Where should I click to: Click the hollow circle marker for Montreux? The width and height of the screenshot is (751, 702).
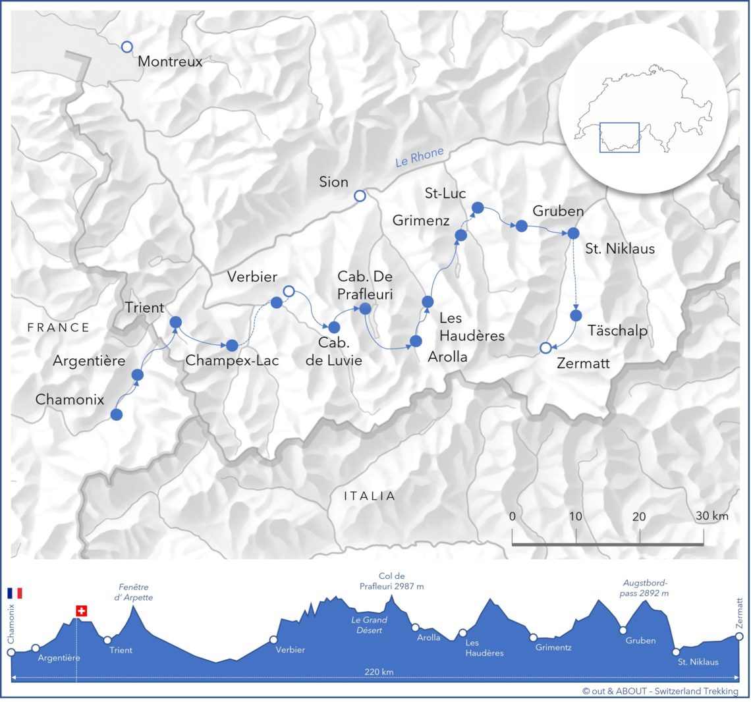[x=127, y=47]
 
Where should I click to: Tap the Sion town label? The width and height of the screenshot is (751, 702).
[x=333, y=182]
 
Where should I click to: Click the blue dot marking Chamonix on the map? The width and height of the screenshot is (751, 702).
[x=117, y=414]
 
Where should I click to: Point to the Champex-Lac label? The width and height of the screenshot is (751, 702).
[x=232, y=360]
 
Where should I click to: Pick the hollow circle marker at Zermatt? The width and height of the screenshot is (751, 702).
[x=545, y=348]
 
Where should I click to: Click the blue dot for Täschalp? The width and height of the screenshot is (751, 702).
[x=576, y=315]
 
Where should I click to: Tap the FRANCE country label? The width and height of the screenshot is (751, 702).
[x=58, y=327]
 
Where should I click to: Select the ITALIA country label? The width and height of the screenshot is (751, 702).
[x=370, y=496]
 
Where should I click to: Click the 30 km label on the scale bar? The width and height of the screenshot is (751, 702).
[x=711, y=516]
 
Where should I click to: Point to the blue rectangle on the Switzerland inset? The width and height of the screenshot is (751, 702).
[x=619, y=137]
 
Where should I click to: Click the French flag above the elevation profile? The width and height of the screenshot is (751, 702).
[x=14, y=593]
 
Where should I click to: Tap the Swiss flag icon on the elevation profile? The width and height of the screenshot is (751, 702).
[x=82, y=611]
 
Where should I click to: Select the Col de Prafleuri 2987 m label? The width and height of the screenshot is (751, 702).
[x=391, y=581]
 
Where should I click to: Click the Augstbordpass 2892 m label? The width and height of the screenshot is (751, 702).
[x=646, y=587]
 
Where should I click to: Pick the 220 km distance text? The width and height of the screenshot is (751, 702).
[x=379, y=672]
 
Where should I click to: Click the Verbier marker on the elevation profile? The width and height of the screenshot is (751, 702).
[x=273, y=639]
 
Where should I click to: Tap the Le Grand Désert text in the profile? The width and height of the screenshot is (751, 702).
[x=369, y=625]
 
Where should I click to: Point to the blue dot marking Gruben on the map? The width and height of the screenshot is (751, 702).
[x=521, y=226]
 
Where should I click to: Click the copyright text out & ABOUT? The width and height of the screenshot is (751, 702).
[x=660, y=691]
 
